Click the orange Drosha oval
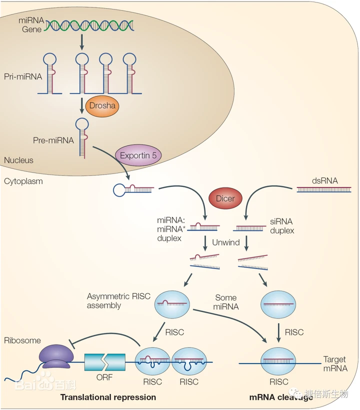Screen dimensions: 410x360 coord(102,105)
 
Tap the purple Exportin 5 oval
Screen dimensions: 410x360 coord(138,155)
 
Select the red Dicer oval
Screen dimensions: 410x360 coord(225,198)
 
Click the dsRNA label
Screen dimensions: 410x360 coord(324,180)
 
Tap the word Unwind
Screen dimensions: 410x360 coord(225,242)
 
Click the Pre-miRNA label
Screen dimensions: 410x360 coord(53,140)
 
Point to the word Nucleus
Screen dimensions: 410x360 coord(18,160)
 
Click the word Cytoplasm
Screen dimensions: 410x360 coord(23,181)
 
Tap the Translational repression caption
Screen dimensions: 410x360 coord(108,397)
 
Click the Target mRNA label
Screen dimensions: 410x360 coord(335,363)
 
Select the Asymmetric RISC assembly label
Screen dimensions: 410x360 coord(118,301)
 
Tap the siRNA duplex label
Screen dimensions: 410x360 coord(282,226)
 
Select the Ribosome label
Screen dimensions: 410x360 coord(22,340)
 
